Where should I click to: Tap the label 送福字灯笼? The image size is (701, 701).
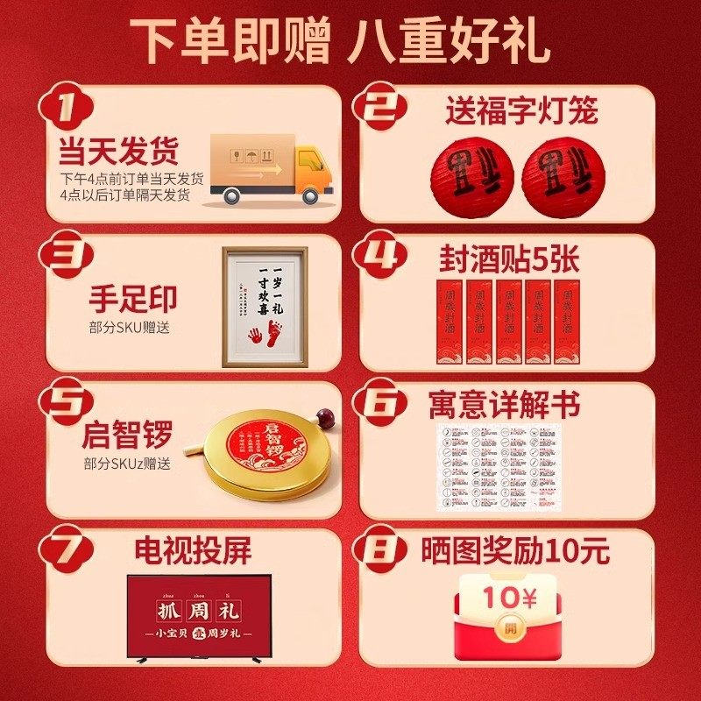pyautogui.click(x=520, y=111)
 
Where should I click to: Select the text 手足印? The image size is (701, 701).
pyautogui.click(x=132, y=299)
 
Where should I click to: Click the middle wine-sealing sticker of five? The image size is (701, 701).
pyautogui.click(x=508, y=321)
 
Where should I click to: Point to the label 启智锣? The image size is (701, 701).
pyautogui.click(x=127, y=435)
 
